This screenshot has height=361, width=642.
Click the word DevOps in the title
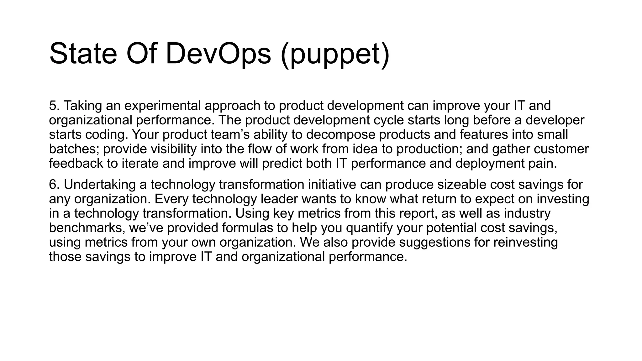click(218, 54)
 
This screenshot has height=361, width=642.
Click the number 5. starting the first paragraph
click(54, 106)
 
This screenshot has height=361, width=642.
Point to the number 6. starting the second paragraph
click(54, 185)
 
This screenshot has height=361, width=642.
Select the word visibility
click(174, 149)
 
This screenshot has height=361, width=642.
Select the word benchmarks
click(87, 228)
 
